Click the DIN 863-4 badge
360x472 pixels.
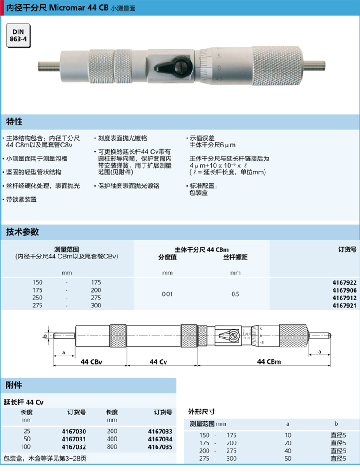pos(18,36)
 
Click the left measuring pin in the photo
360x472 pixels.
pos(49,66)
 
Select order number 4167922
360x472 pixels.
pos(344,282)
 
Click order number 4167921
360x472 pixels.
pos(344,306)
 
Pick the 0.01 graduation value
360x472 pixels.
pos(167,294)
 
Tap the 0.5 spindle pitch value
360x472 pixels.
pos(235,294)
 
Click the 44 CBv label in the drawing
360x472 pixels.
pos(91,362)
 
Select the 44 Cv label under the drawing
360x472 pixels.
pos(158,362)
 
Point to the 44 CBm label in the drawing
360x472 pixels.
pos(269,361)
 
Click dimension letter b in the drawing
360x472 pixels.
pos(45,335)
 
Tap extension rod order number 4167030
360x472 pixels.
pos(74,432)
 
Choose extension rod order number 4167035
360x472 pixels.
pos(160,447)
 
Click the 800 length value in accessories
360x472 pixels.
pos(112,447)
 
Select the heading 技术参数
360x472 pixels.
pos(22,232)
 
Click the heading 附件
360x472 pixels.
pos(14,385)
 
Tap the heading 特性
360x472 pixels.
pos(14,122)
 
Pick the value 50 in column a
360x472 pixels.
pos(288,459)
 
